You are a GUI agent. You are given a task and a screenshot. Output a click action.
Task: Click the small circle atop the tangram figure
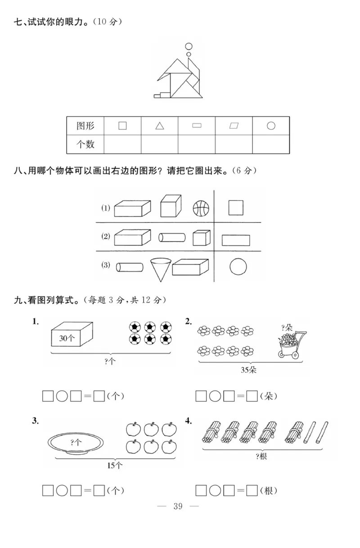[189, 46]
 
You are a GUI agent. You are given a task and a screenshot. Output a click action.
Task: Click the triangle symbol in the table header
[160, 126]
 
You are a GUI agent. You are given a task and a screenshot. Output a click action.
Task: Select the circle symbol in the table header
[271, 126]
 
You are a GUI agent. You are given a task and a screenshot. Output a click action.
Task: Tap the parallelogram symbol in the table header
[234, 126]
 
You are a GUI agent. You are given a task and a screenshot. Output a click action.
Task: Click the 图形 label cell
[85, 126]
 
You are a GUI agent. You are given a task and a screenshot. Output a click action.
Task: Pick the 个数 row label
[85, 145]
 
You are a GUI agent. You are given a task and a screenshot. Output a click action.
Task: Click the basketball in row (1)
[201, 208]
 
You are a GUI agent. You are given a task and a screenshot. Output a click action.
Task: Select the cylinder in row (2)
[172, 237]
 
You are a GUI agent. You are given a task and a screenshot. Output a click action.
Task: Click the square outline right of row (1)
[236, 208]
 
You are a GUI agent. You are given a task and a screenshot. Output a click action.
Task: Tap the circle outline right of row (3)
[238, 267]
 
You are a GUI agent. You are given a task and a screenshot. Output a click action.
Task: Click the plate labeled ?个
[76, 442]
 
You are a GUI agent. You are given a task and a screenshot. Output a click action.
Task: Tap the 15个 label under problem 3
[115, 465]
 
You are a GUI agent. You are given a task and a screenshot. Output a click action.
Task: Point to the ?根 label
[261, 456]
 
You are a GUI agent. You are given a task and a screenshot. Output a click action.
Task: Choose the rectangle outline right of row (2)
[236, 240]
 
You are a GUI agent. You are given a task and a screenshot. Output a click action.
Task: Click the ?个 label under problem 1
[110, 361]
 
